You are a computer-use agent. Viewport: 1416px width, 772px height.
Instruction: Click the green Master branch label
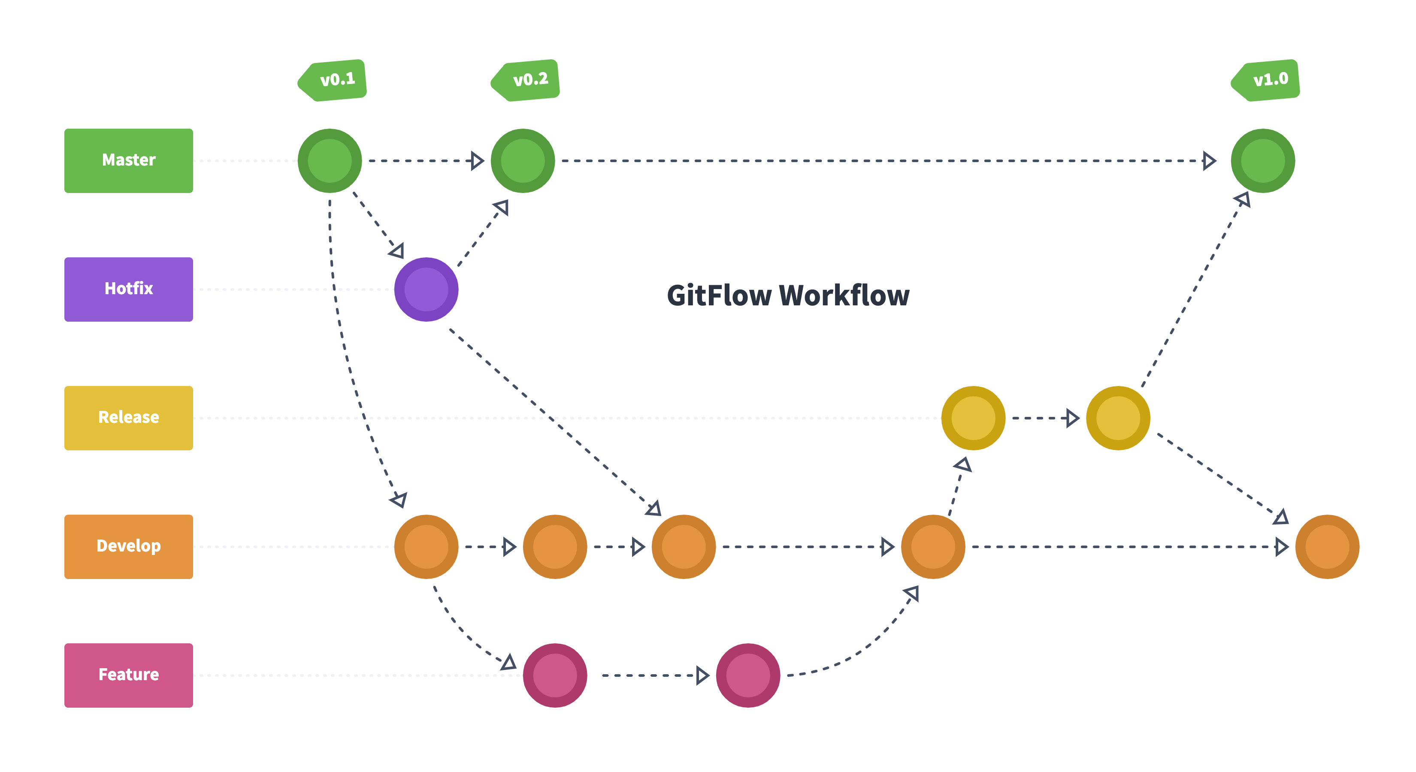point(129,160)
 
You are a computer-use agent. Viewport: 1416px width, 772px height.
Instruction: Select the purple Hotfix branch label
point(129,289)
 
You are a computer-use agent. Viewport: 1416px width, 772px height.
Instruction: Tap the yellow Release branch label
point(129,418)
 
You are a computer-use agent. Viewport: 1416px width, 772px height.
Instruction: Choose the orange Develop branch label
point(129,546)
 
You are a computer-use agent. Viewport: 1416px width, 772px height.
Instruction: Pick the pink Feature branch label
point(129,675)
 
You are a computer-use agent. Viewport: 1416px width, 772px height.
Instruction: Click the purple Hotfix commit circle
point(426,289)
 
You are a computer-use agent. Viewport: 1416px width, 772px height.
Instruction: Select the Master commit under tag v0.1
point(330,160)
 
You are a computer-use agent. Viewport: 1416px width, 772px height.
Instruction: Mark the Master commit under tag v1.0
point(1263,160)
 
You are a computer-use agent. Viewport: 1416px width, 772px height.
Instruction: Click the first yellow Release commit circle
point(973,418)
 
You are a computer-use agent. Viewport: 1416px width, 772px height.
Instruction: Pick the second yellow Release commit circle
point(1118,418)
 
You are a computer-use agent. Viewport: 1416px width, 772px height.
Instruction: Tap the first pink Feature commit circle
point(555,675)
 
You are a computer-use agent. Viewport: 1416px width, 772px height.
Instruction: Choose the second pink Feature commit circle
point(747,675)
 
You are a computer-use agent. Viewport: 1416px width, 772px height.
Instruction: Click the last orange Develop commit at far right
point(1327,546)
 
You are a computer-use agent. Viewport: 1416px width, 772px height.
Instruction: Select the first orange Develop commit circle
point(426,546)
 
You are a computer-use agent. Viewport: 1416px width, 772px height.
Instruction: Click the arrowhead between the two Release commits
point(1072,418)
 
